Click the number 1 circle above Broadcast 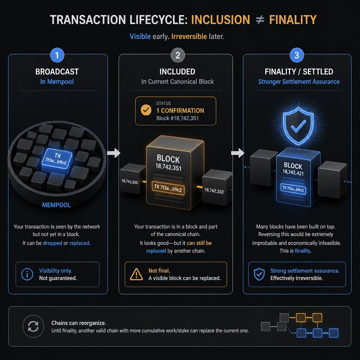57,55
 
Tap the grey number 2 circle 178,55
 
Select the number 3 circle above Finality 297,55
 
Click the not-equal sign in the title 260,20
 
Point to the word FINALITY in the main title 293,20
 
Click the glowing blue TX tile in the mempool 57,159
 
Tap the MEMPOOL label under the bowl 56,205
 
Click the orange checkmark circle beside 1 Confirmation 146,110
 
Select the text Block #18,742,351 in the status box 177,118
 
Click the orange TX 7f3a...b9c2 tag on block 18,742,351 168,188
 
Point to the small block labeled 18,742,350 131,179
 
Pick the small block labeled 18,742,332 217,187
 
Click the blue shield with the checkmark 298,126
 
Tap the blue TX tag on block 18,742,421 293,189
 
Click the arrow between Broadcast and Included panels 114,153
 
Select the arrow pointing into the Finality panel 238,153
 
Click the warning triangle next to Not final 136,274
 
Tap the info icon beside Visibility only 27,274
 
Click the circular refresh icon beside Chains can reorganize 33,326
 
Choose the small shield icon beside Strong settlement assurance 259,274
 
